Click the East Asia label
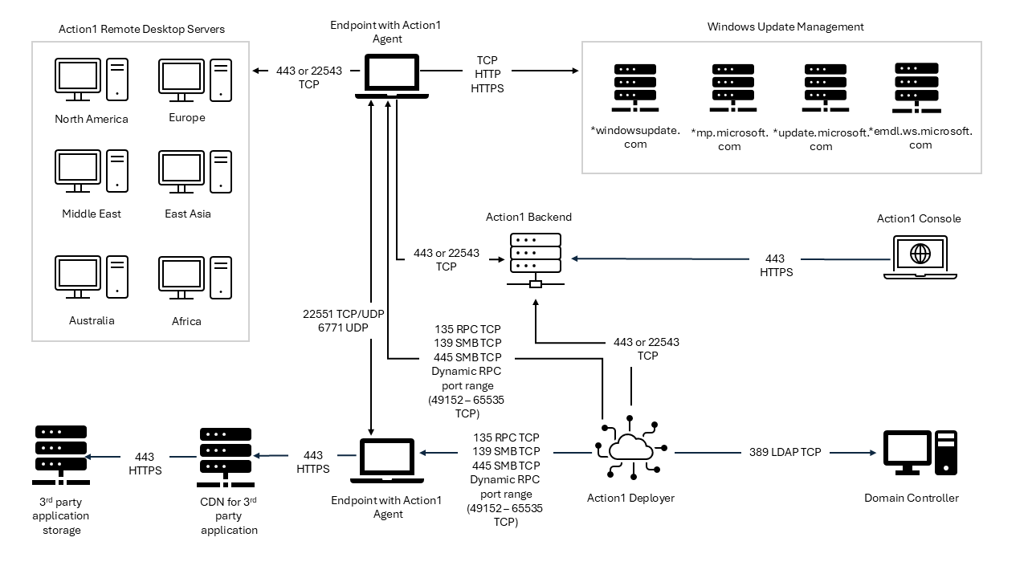(x=188, y=214)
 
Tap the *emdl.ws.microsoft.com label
(x=920, y=138)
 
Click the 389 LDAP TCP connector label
(x=785, y=452)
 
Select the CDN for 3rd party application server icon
(x=226, y=455)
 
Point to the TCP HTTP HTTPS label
(x=487, y=75)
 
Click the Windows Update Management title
(x=785, y=26)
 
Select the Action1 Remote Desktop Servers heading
(x=141, y=29)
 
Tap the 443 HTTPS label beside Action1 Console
(x=775, y=266)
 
